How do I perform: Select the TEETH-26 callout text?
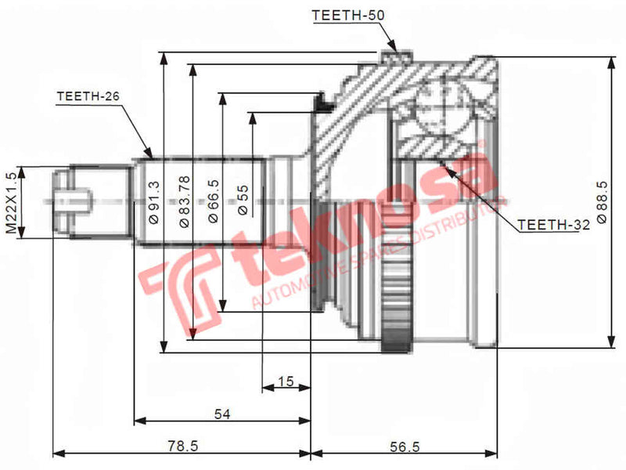88,97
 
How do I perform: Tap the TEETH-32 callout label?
554,225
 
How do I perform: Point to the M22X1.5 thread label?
10,201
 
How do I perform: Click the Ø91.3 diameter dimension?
153,203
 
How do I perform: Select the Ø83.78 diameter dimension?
184,201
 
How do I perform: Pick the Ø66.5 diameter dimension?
214,203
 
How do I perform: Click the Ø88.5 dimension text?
601,202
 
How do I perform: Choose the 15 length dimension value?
286,381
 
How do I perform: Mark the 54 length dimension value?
223,416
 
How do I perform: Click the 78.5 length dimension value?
182,446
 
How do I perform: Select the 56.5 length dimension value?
405,446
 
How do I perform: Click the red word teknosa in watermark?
352,227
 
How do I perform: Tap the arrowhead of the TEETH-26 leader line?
152,154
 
